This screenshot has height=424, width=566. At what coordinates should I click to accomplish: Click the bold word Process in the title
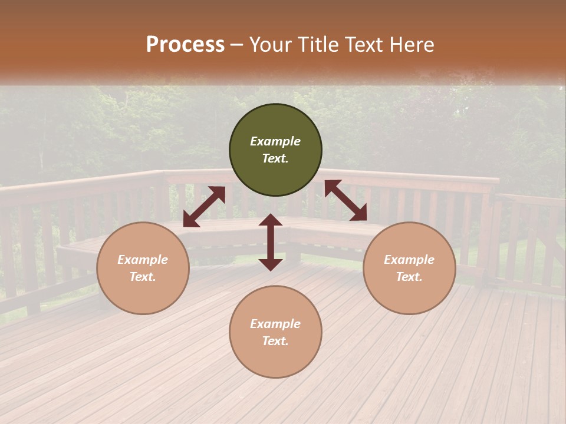pyautogui.click(x=185, y=45)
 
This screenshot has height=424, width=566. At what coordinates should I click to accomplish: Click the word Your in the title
pyautogui.click(x=271, y=45)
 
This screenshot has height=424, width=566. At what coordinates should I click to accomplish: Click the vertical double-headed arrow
pyautogui.click(x=271, y=242)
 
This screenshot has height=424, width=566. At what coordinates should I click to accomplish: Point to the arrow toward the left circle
pyautogui.click(x=204, y=207)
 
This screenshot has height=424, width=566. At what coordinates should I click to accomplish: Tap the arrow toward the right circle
pyautogui.click(x=346, y=201)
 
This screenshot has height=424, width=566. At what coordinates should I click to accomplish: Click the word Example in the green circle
pyautogui.click(x=275, y=141)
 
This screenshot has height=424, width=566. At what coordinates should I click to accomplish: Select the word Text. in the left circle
pyautogui.click(x=143, y=277)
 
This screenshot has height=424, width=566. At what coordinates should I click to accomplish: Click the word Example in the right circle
pyautogui.click(x=409, y=260)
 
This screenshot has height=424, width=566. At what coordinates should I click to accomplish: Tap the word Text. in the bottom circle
pyautogui.click(x=275, y=341)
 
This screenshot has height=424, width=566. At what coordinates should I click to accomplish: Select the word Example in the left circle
pyautogui.click(x=143, y=260)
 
